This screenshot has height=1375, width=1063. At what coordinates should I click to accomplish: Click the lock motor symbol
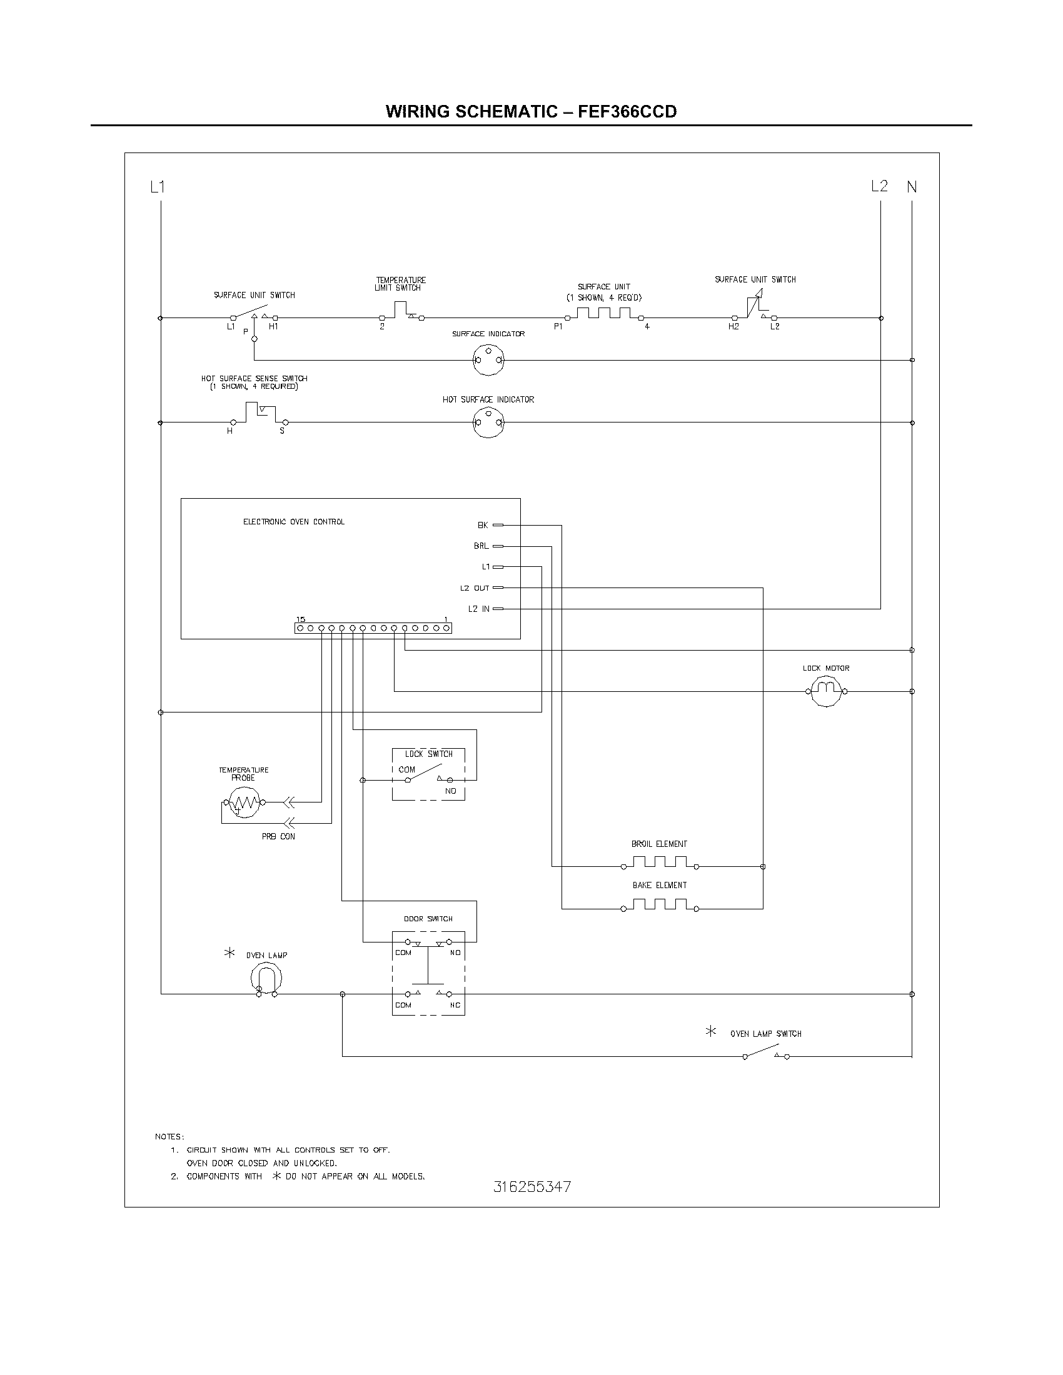(826, 691)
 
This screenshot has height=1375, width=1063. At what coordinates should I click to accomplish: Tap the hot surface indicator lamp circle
(488, 422)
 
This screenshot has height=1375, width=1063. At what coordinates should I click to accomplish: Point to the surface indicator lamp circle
(488, 360)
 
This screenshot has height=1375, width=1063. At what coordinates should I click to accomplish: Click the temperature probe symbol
(244, 802)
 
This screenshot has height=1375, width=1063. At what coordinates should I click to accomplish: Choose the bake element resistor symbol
(659, 905)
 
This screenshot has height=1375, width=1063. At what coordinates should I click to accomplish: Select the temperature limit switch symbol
(402, 312)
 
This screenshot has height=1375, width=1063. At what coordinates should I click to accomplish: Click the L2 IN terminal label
(478, 609)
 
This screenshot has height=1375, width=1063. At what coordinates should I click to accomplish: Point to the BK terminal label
(482, 525)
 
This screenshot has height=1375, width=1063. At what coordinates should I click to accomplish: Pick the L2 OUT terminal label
(474, 588)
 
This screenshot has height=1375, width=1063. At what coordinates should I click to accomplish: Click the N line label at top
(912, 187)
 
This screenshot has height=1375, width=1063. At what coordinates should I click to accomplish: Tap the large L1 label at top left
(158, 187)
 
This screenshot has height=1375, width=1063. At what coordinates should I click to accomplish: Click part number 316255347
(532, 1187)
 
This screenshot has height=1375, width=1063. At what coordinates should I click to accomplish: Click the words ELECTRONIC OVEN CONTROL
(293, 522)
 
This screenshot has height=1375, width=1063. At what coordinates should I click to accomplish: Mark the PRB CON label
(278, 837)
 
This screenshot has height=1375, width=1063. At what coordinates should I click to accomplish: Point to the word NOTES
(169, 1136)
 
